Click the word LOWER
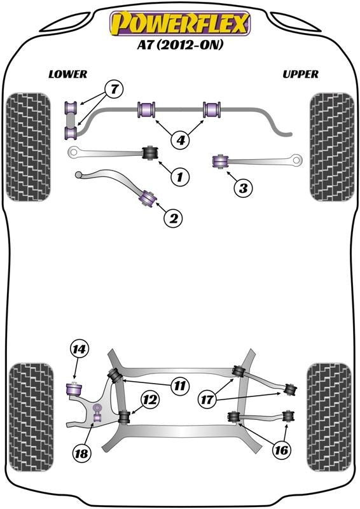click(x=67, y=74)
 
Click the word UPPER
click(x=300, y=74)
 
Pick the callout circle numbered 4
click(x=181, y=139)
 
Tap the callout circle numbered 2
click(x=173, y=218)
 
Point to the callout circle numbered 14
click(x=80, y=349)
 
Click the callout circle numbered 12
click(x=149, y=400)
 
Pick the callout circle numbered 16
click(x=282, y=449)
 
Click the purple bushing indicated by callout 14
click(x=74, y=387)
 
